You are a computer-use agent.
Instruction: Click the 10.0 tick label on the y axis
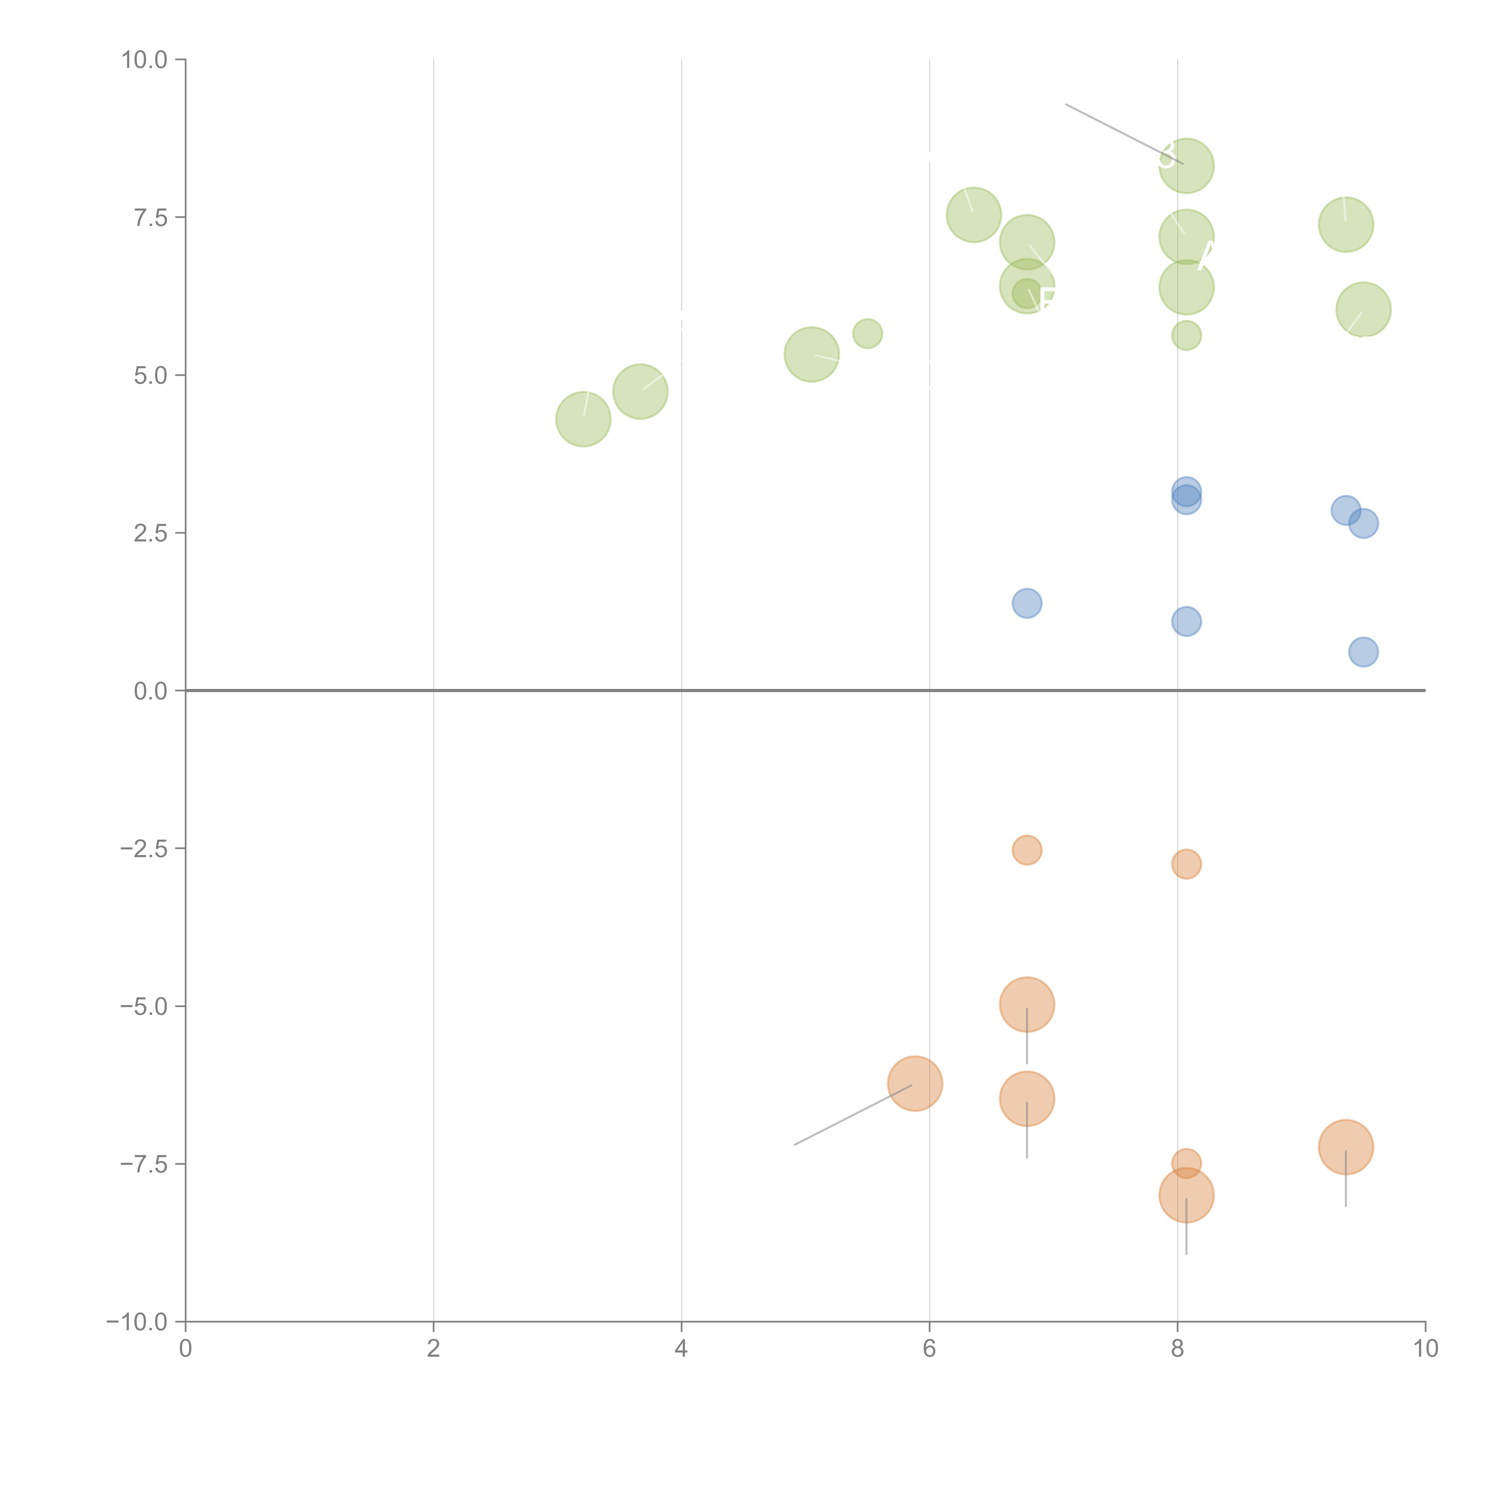pyautogui.click(x=145, y=60)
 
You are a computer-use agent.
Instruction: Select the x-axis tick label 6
pyautogui.click(x=929, y=1348)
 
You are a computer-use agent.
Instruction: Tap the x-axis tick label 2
pyautogui.click(x=434, y=1348)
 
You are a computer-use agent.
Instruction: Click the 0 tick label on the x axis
pyautogui.click(x=185, y=1348)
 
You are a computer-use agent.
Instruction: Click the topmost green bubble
pyautogui.click(x=1186, y=165)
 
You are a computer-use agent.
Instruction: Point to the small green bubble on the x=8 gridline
pyautogui.click(x=1186, y=335)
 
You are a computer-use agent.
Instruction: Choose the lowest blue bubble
pyautogui.click(x=1363, y=652)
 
